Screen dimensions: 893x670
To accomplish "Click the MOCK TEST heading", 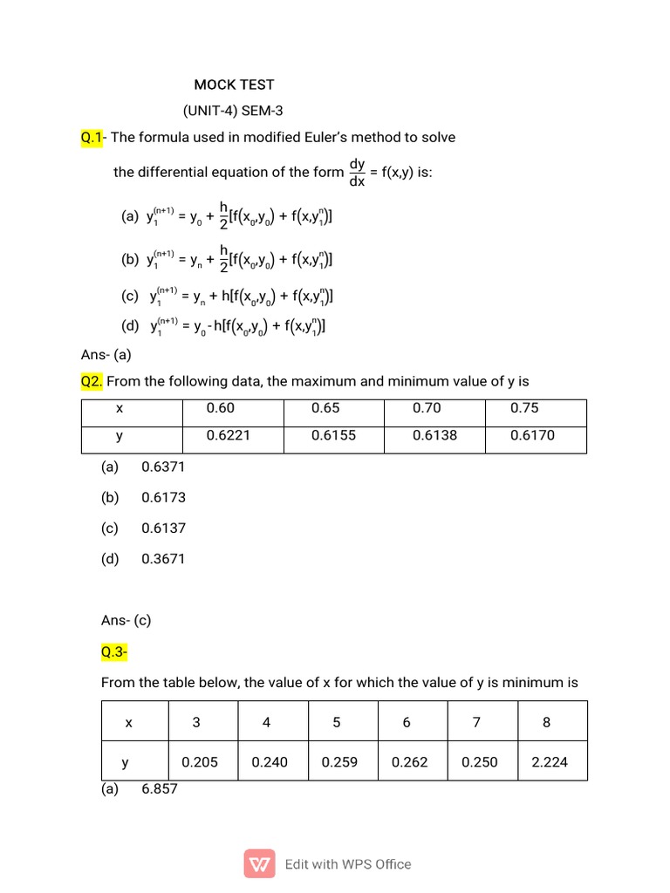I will pos(234,85).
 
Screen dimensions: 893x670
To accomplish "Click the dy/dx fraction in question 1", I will pos(357,172).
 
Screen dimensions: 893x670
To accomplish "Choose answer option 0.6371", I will pos(163,467).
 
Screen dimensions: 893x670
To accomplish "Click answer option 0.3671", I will pos(163,559).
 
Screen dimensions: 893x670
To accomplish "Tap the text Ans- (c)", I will pos(126,620).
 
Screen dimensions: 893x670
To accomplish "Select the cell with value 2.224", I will pos(550,761).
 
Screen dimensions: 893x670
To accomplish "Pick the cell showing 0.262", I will pos(410,761).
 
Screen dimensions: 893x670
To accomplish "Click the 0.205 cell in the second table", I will pos(200,761).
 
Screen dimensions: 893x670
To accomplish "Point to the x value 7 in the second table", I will pos(476,722).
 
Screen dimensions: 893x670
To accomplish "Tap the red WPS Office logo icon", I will pos(260,864).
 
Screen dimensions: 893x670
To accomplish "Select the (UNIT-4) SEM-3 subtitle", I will pos(233,111).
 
